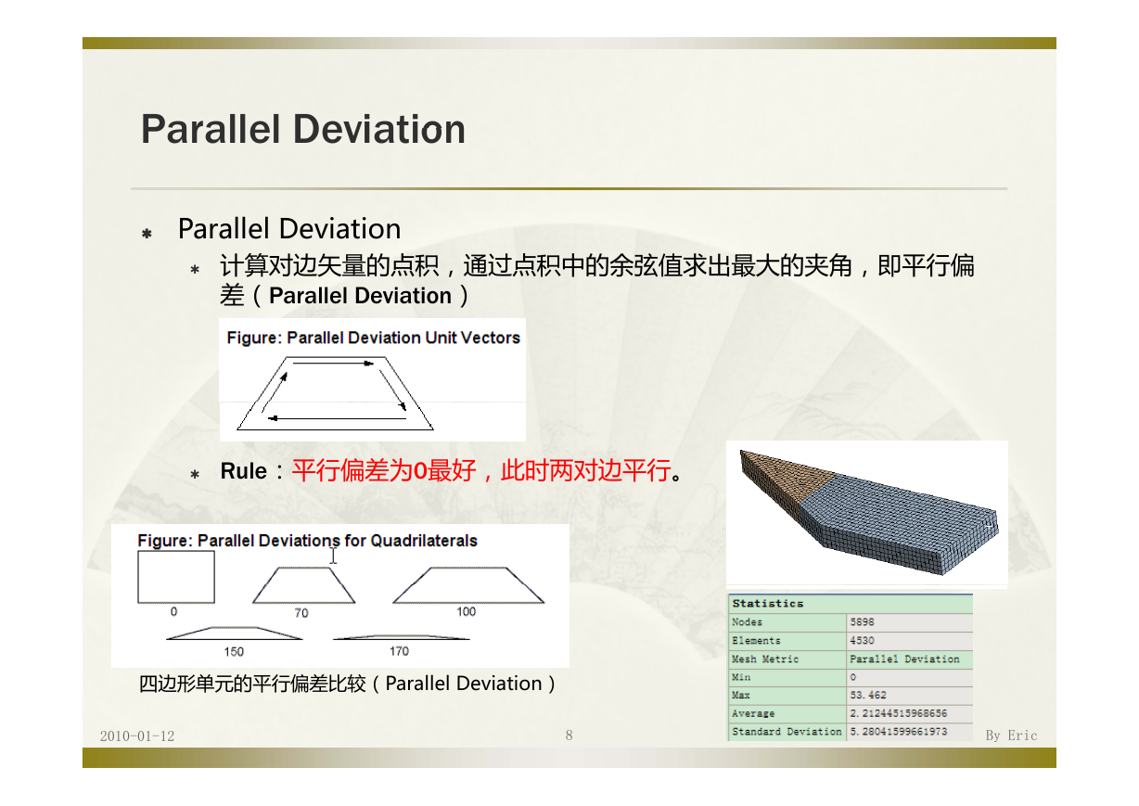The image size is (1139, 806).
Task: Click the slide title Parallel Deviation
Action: (303, 129)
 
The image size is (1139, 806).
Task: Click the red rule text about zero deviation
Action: (481, 470)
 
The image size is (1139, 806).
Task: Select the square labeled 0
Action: (176, 577)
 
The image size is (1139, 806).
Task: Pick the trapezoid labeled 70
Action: (303, 585)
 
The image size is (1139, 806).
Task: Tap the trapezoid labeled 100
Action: (468, 585)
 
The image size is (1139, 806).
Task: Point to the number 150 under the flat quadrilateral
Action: (234, 651)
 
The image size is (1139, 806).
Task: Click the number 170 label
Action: (399, 651)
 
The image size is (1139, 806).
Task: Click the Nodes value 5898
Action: (862, 622)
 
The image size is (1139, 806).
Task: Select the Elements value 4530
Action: (862, 640)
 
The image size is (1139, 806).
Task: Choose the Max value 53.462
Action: (868, 695)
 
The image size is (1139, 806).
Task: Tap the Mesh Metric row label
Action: (765, 659)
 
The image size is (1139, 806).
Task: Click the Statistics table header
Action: (768, 604)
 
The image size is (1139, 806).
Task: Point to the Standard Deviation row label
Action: (787, 731)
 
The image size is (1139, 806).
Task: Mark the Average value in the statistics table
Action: (899, 713)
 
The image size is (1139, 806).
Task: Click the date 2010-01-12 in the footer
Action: (136, 736)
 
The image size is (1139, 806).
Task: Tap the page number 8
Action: (569, 736)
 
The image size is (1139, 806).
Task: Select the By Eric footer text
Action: (1011, 736)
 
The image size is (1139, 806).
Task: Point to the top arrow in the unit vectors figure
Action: (333, 363)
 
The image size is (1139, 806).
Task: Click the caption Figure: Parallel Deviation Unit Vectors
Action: (373, 338)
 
